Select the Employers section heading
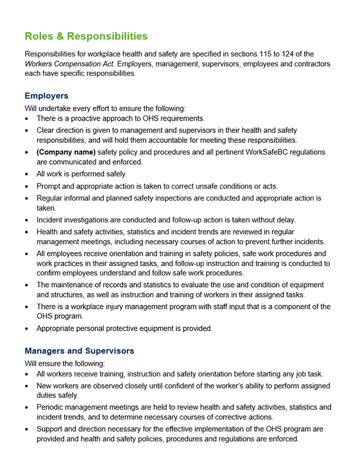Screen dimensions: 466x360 tap(46, 95)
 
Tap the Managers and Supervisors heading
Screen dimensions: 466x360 tap(79, 351)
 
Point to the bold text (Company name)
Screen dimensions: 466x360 tap(66, 152)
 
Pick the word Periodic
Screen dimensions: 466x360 tap(52, 407)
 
